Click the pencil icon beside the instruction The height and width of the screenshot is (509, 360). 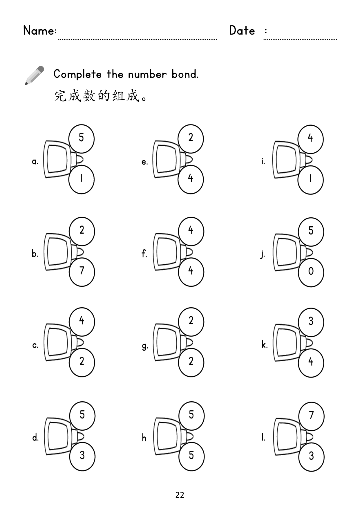pos(34,75)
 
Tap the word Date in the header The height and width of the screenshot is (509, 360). pos(242,30)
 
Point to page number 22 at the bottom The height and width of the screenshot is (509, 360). pos(180,495)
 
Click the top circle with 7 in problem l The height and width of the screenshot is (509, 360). pos(311,416)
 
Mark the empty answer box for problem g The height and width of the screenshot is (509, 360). pos(167,342)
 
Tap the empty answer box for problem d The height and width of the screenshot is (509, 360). pos(57,436)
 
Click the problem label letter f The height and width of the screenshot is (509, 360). pos(144,254)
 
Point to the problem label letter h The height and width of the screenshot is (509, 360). pos(144,438)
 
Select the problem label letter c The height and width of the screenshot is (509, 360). pos(35,345)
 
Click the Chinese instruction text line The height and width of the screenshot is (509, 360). pos(101,95)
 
